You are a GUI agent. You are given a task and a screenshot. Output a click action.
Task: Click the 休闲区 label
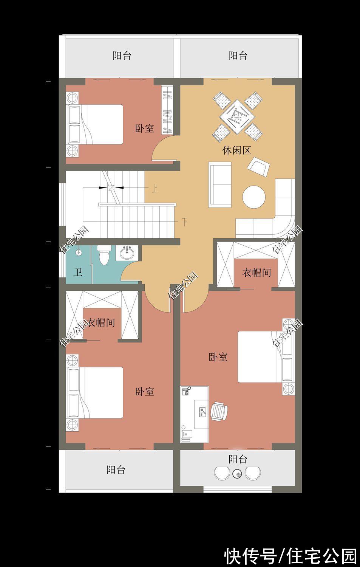tap(237, 150)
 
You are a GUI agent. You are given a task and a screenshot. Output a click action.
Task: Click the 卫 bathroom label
tap(78, 272)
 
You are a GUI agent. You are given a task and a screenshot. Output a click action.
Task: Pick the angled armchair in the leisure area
tap(258, 167)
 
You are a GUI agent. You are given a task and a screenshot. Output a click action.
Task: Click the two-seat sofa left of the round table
tap(219, 184)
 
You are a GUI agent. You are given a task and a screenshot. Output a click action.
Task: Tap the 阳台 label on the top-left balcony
tap(122, 56)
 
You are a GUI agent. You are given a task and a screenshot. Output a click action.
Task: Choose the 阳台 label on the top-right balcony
tap(238, 56)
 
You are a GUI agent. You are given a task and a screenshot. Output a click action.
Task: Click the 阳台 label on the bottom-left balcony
tap(116, 470)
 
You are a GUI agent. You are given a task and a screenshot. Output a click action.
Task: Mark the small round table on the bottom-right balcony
tap(238, 473)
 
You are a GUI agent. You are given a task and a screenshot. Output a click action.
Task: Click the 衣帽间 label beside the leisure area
tap(256, 272)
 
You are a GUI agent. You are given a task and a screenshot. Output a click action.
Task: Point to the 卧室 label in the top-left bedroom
tap(145, 129)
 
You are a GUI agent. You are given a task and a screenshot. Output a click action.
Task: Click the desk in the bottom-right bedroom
tap(195, 414)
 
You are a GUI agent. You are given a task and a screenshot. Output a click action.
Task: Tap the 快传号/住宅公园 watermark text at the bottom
tap(290, 556)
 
